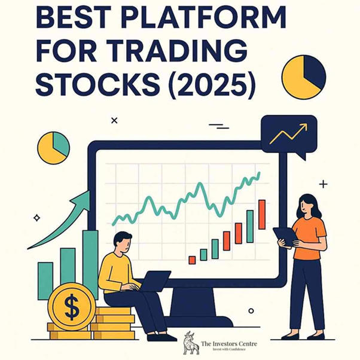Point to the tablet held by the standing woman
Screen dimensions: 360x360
tap(285, 236)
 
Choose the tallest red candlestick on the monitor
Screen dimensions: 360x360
tap(262, 214)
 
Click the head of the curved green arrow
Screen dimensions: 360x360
tap(84, 198)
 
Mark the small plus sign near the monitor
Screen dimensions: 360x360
tap(323, 184)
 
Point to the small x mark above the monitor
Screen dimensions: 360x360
tap(114, 120)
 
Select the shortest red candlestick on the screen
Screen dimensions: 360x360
tap(192, 260)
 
